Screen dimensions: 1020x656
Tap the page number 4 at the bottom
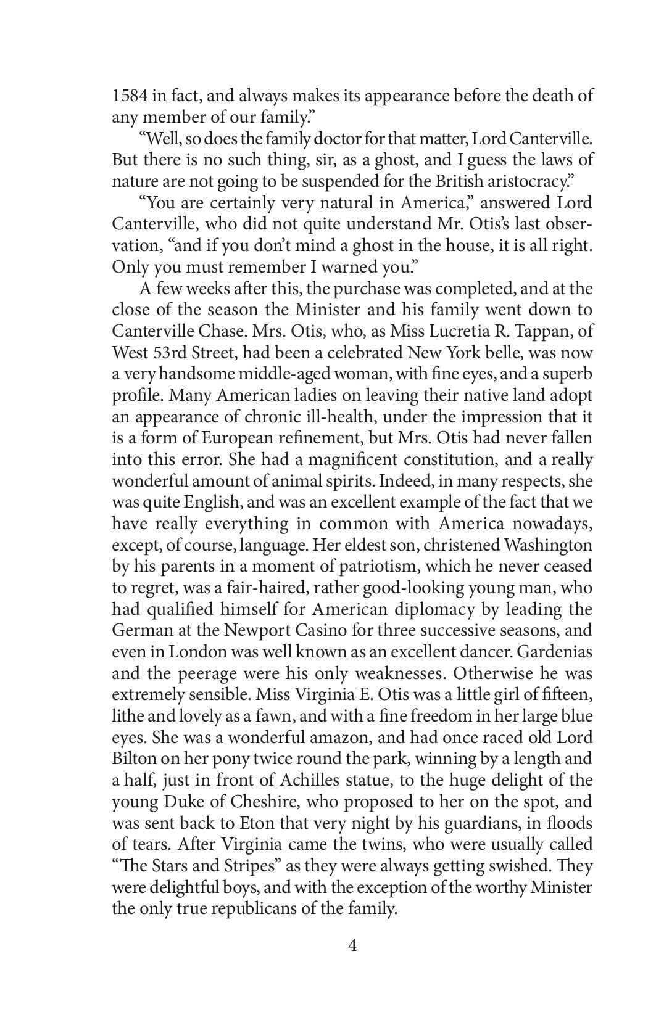click(352, 945)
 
